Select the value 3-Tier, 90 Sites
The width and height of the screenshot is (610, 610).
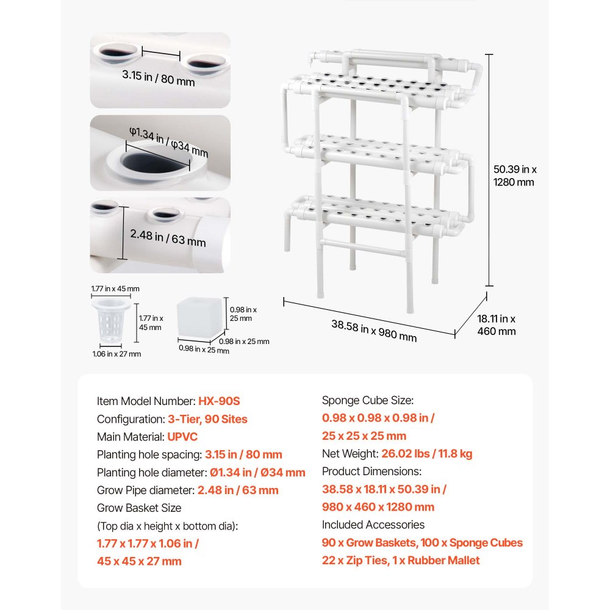pyautogui.click(x=207, y=419)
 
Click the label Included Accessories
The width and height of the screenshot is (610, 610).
pyautogui.click(x=373, y=525)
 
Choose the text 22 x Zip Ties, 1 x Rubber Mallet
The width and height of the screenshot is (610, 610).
pyautogui.click(x=401, y=560)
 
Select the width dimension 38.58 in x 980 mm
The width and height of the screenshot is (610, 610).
pyautogui.click(x=374, y=329)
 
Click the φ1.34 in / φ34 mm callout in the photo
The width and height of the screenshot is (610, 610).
pyautogui.click(x=168, y=142)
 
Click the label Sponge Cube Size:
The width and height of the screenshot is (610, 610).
pyautogui.click(x=367, y=401)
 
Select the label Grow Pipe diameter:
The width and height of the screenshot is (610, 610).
pyautogui.click(x=145, y=490)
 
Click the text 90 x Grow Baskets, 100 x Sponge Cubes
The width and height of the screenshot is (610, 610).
pyautogui.click(x=422, y=542)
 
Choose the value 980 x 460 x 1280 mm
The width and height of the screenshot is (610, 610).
pyautogui.click(x=378, y=507)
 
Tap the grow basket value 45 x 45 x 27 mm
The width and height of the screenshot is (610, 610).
pyautogui.click(x=139, y=561)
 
